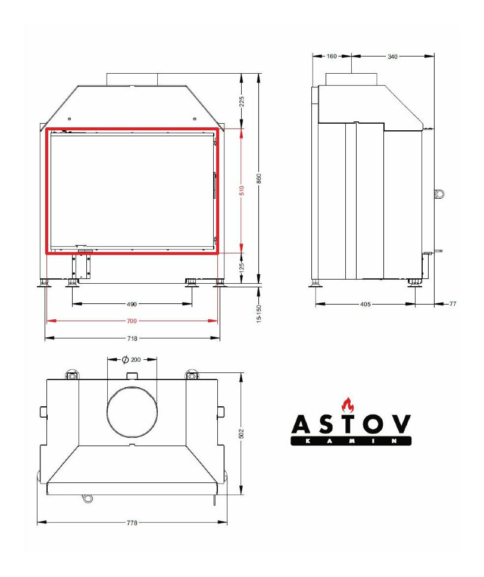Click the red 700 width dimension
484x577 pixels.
click(132, 321)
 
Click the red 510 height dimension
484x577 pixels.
click(242, 190)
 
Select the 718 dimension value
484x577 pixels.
click(132, 338)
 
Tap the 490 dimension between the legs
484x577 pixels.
click(132, 304)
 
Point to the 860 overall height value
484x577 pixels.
click(259, 179)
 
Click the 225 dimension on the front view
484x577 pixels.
click(242, 101)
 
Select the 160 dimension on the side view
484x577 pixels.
click(332, 57)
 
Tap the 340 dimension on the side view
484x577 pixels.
click(392, 57)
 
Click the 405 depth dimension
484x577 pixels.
click(366, 304)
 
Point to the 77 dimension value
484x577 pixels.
click(452, 304)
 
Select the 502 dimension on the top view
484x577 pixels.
click(241, 434)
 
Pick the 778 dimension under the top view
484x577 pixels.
click(132, 523)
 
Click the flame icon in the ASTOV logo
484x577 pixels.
click(347, 404)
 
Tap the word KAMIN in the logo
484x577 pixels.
click(351, 441)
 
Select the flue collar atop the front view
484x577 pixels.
click(132, 79)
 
